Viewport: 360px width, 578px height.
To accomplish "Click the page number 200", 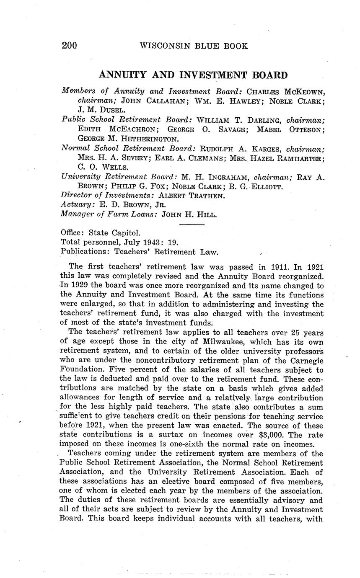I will [x=70, y=46].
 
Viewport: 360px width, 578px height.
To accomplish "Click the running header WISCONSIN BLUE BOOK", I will [x=193, y=46].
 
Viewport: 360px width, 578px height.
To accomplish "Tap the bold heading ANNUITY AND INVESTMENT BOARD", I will [x=193, y=75].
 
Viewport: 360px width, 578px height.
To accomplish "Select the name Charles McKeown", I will [x=285, y=91].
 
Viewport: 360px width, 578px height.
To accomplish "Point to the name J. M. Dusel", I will [x=101, y=110].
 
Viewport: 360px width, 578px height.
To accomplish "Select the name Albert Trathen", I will [x=192, y=196].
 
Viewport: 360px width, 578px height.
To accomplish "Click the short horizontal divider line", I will [x=192, y=225].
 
